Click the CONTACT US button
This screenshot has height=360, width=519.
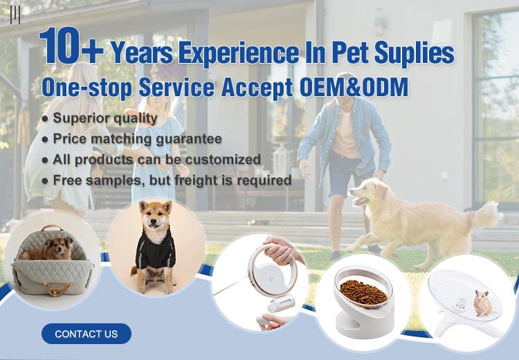point(86,334)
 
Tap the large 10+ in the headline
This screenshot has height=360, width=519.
point(71,46)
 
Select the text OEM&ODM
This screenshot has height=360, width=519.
point(354,87)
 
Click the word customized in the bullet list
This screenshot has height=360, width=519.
point(223,159)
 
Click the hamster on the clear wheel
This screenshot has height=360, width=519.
point(482,303)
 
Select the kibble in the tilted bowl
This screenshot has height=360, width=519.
point(363,291)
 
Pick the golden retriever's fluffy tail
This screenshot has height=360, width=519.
point(483,214)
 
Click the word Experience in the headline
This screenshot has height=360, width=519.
point(239,54)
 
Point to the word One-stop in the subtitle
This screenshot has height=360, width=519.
point(86,88)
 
